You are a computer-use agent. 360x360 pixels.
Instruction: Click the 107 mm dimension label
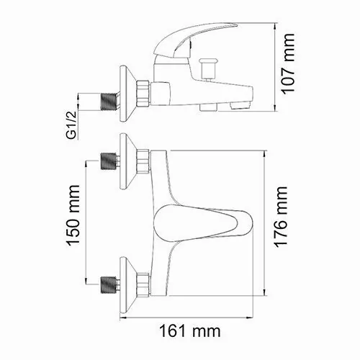[289, 69]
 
